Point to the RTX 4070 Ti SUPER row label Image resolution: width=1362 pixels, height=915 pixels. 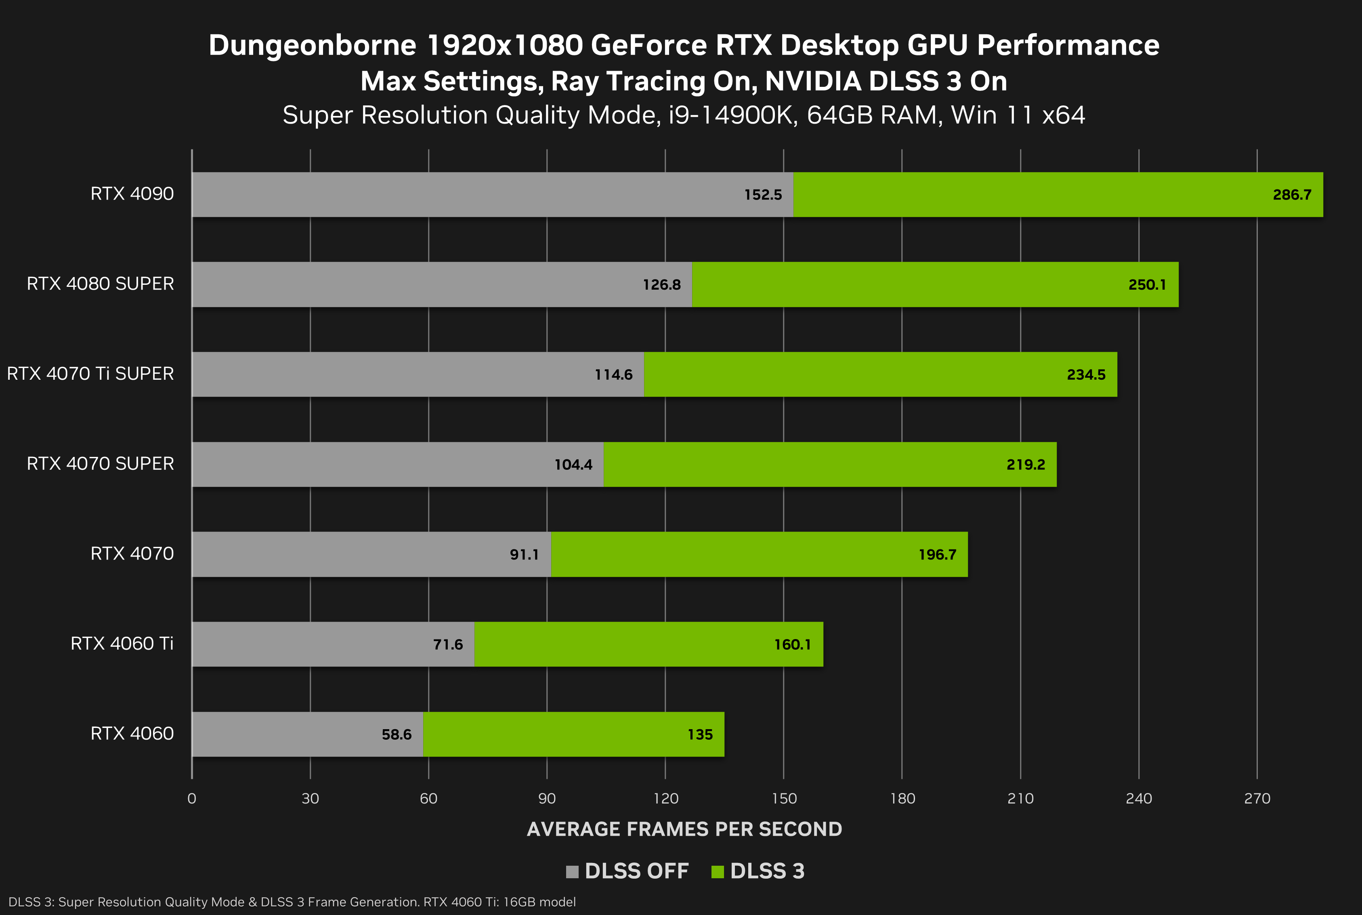pos(90,373)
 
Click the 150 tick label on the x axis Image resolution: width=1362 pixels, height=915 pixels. pos(783,798)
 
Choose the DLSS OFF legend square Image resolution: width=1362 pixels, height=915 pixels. pos(572,871)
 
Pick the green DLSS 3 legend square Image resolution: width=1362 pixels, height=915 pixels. pos(718,871)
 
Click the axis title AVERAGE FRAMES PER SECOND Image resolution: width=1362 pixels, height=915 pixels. pos(684,829)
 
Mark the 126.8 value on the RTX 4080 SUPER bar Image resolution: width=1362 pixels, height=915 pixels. pos(661,285)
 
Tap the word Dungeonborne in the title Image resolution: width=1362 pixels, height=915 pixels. pos(312,46)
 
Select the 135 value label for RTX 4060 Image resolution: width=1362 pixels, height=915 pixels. pos(700,735)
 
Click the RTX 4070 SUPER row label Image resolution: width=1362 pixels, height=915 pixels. pos(100,464)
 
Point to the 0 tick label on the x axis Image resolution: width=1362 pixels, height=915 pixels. pos(191,798)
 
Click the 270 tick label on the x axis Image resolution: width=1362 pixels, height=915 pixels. pos(1257,798)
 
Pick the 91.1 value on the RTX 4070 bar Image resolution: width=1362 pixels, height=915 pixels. pos(524,554)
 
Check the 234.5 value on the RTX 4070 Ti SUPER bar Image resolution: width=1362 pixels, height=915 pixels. pos(1085,374)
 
